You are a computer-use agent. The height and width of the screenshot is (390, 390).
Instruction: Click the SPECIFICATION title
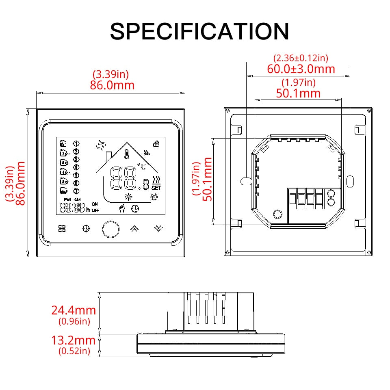(199, 31)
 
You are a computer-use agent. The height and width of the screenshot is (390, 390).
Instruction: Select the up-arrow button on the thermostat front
(134, 229)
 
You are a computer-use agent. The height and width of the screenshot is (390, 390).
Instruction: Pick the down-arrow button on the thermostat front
(158, 229)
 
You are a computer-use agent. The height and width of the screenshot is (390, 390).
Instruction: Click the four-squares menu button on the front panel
(62, 229)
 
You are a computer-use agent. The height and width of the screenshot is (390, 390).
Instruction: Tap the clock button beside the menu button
(86, 229)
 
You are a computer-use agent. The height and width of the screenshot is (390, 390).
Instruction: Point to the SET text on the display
(156, 188)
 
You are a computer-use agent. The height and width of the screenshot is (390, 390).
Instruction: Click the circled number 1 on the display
(76, 143)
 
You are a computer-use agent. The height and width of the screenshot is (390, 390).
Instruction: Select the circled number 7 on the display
(76, 191)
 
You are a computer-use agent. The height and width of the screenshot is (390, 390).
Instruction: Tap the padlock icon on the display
(156, 143)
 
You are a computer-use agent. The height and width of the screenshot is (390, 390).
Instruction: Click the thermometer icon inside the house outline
(128, 154)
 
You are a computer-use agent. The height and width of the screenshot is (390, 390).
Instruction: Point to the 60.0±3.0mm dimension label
(301, 69)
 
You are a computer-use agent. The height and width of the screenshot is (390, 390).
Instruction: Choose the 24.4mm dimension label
(74, 310)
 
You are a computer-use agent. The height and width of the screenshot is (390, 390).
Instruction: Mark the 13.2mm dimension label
(74, 340)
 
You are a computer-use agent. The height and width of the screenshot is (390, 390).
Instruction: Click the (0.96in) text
(74, 321)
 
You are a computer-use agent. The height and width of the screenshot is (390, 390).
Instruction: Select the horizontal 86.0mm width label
(112, 85)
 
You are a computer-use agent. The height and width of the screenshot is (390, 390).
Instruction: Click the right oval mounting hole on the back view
(351, 181)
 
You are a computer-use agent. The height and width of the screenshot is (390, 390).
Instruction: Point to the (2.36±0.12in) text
(301, 58)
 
